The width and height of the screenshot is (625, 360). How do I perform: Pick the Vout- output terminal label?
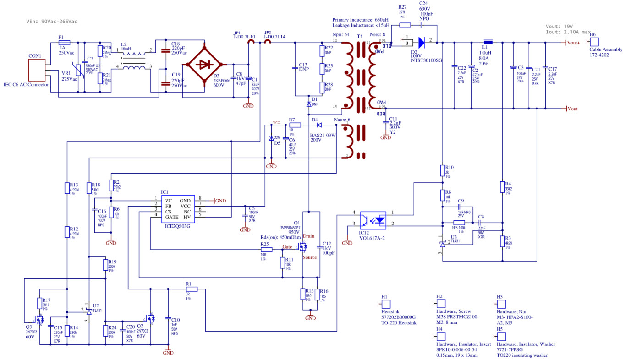(x=574, y=109)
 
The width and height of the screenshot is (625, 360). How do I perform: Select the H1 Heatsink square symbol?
(x=386, y=304)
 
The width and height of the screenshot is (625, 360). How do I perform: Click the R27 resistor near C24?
(x=405, y=25)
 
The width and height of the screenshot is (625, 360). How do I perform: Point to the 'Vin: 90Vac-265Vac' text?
(x=51, y=22)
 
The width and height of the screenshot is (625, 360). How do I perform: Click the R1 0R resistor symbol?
(x=191, y=289)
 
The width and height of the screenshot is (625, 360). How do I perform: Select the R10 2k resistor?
(x=443, y=170)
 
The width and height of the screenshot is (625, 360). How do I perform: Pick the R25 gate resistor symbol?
(x=266, y=250)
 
